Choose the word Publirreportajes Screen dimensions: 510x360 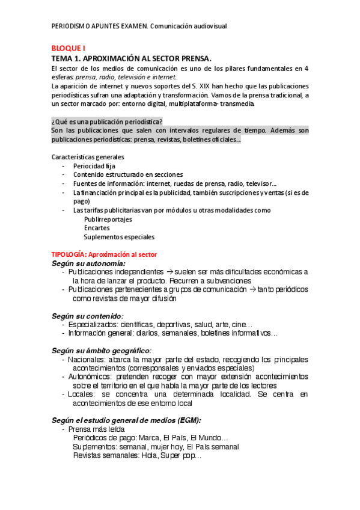[108, 220]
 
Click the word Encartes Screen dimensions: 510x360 [97, 228]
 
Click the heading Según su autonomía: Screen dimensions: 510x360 [88, 263]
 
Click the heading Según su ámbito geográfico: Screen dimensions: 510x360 [101, 350]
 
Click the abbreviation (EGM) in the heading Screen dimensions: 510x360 [185, 420]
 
